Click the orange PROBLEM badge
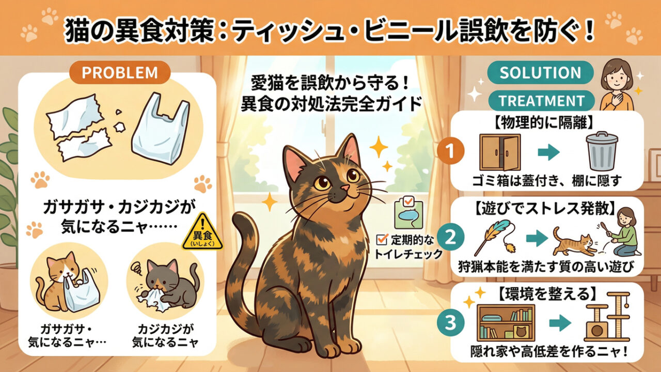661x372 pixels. click(x=120, y=73)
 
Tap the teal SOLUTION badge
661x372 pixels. click(x=540, y=73)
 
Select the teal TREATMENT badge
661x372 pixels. click(x=542, y=101)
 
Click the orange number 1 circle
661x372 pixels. click(x=451, y=151)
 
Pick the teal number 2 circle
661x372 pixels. click(x=451, y=238)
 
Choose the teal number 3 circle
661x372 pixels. click(x=451, y=323)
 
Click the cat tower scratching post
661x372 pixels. click(x=608, y=317)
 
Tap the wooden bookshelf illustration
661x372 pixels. click(x=506, y=323)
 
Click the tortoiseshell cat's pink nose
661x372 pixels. click(x=344, y=188)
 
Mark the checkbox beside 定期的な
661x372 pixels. click(x=382, y=239)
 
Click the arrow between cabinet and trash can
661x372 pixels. click(x=549, y=152)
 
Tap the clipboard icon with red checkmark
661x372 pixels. click(x=408, y=212)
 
